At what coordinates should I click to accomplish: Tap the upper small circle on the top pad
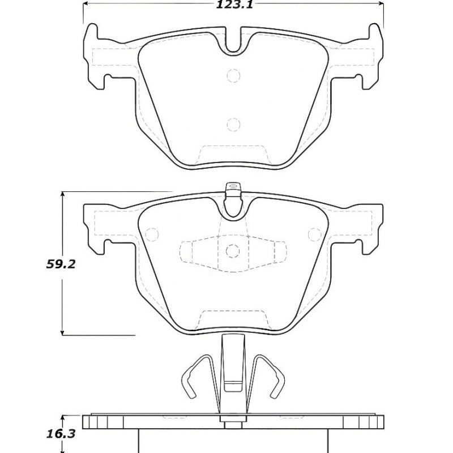(x=233, y=75)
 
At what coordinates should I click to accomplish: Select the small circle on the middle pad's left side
(x=151, y=233)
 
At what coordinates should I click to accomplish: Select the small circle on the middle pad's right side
(x=313, y=233)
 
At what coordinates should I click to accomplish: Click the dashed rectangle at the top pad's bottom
(x=233, y=153)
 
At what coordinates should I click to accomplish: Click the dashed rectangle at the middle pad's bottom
(x=233, y=317)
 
